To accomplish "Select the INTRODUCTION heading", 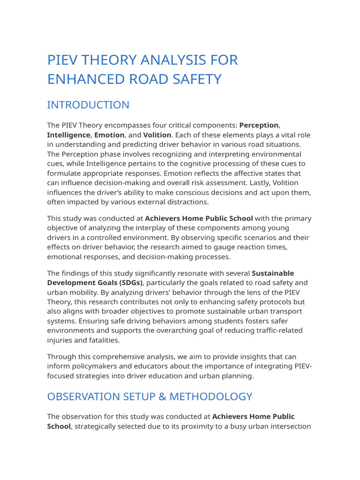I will tap(88, 105).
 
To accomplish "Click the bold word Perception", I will tap(259, 125).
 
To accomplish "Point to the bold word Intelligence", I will tap(68, 135).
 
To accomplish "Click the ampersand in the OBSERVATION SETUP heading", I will tap(161, 397).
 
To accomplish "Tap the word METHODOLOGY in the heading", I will tap(211, 397).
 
